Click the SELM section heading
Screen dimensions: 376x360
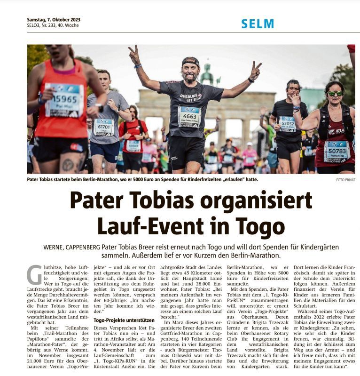[257, 24]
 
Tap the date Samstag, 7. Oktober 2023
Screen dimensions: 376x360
[54, 20]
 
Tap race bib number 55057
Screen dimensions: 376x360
[287, 123]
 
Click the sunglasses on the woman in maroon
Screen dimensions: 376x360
[335, 93]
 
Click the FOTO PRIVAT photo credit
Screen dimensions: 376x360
[345, 180]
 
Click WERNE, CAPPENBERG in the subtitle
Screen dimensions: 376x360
[71, 247]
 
